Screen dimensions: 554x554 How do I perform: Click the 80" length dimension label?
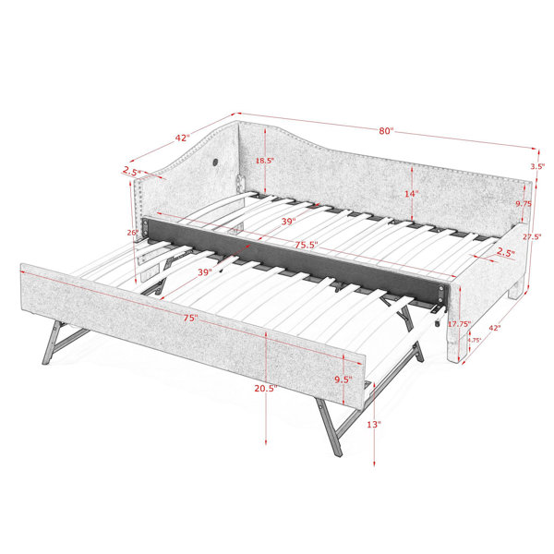click(386, 131)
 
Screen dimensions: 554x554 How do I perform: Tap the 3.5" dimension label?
click(537, 166)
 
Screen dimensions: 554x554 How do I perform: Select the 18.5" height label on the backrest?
click(265, 161)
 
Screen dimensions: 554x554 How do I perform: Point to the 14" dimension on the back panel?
click(412, 194)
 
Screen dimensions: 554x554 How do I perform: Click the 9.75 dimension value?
click(524, 204)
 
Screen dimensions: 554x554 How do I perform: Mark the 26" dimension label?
click(133, 233)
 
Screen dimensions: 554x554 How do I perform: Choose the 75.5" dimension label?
click(307, 245)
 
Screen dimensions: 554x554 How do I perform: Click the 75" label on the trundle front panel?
click(190, 318)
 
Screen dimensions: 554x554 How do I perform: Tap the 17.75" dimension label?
click(459, 324)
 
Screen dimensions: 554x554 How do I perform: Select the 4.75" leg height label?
click(475, 340)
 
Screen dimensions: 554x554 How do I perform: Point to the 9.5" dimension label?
click(343, 379)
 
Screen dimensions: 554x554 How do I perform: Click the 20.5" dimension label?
click(266, 389)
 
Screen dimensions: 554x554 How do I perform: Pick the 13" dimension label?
click(374, 425)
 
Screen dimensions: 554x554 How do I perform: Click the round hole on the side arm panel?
click(215, 163)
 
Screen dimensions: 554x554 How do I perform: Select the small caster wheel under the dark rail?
click(438, 323)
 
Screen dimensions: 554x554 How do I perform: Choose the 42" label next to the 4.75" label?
click(495, 328)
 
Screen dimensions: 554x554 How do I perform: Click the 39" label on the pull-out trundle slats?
click(205, 272)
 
